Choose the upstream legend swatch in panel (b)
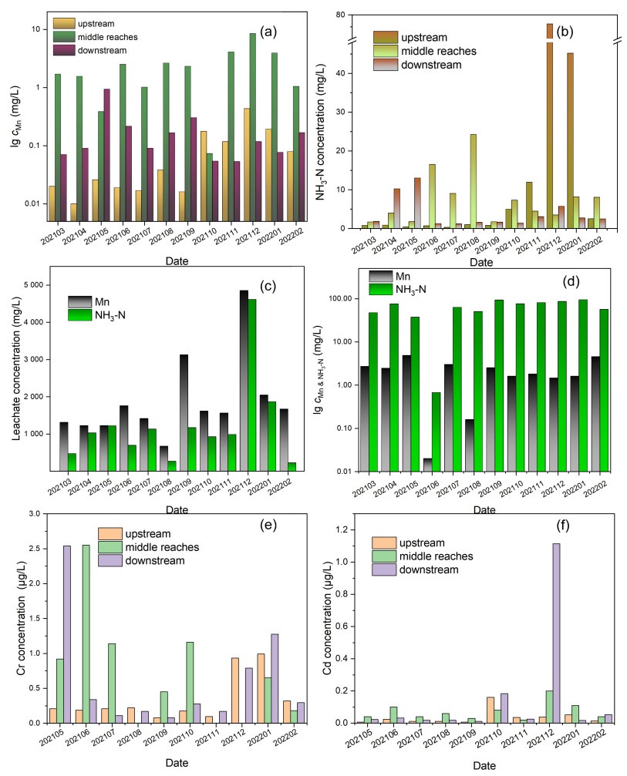coord(386,37)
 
